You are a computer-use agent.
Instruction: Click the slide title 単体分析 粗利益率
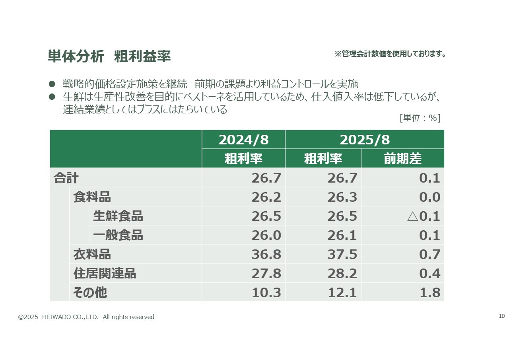109,56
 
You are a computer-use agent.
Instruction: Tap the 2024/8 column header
243,140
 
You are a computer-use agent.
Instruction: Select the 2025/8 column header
364,140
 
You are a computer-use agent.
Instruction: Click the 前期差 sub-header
402,159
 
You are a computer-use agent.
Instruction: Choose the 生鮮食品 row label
118,216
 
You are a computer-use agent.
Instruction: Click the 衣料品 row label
92,254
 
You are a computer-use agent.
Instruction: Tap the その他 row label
90,293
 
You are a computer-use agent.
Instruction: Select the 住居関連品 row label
105,273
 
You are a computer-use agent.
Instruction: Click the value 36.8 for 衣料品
266,254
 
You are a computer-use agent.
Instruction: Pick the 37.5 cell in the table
342,254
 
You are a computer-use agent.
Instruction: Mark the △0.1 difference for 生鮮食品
424,216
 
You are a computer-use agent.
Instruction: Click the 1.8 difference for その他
429,293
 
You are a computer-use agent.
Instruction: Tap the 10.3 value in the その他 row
266,293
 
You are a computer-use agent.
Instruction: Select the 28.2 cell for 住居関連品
342,273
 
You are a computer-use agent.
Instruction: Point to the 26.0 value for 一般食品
266,235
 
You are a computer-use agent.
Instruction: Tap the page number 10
501,316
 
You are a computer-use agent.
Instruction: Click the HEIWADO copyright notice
86,317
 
